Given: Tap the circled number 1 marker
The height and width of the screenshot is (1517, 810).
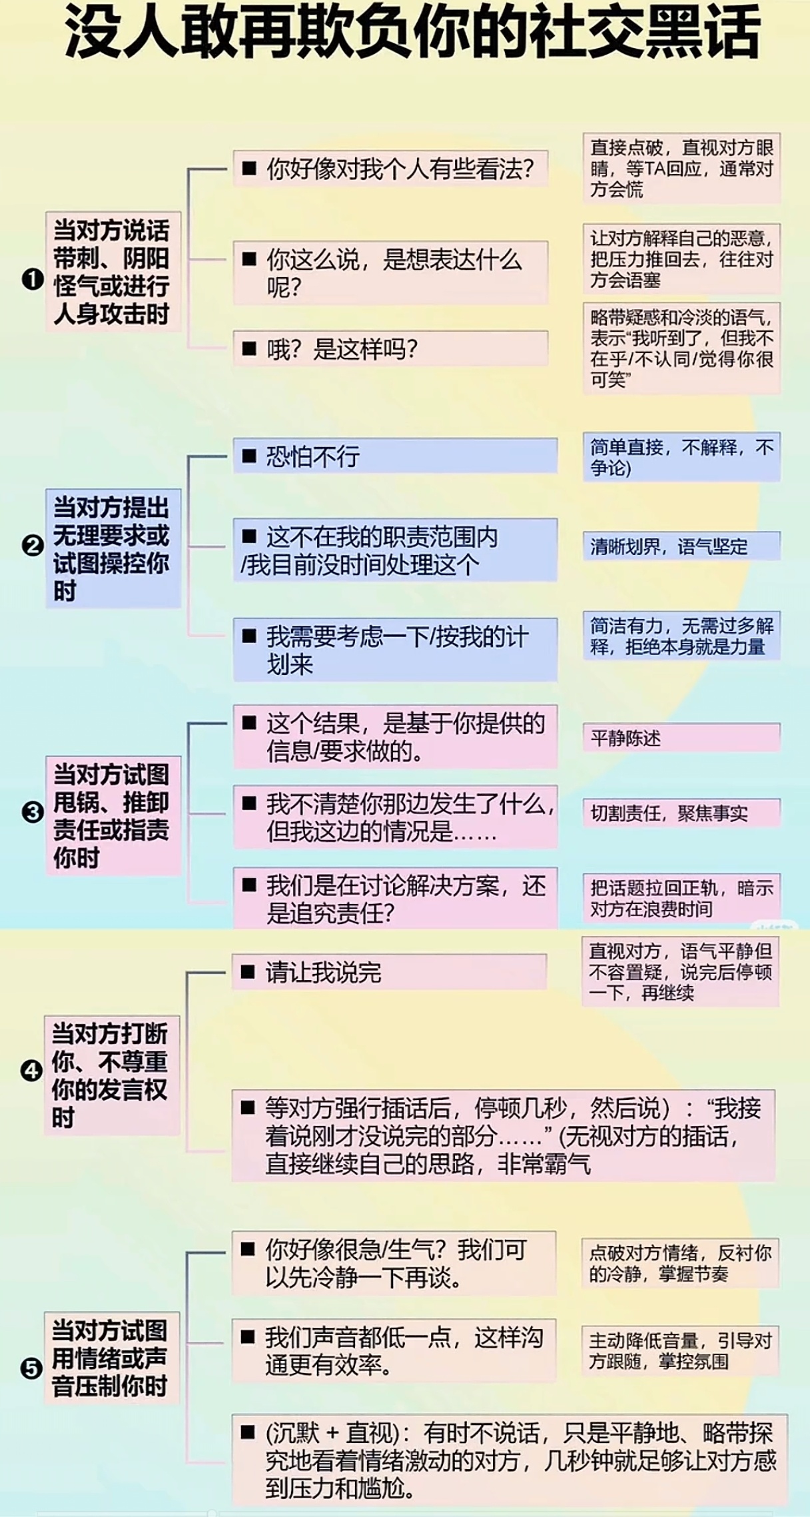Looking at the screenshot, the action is coord(32,278).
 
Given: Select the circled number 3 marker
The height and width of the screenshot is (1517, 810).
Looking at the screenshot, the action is coord(32,812).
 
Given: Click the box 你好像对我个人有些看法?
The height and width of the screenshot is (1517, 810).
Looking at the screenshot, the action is coord(390,169).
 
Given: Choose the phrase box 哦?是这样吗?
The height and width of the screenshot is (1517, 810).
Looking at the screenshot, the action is coord(390,348).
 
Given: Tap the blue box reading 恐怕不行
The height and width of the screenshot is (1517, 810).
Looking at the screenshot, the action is coord(394,456).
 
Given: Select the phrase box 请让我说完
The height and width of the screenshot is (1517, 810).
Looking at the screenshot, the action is coord(389,973).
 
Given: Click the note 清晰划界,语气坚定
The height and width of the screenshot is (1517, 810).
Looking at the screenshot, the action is coord(681,547).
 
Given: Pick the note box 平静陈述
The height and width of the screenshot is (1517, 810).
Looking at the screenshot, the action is coord(681,738).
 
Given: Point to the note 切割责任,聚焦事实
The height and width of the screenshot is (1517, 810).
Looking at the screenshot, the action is coord(681,813).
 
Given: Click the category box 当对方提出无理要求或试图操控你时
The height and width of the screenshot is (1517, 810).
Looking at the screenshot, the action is coord(113,548).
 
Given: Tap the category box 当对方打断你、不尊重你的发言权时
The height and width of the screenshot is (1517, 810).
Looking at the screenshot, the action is coord(112,1075).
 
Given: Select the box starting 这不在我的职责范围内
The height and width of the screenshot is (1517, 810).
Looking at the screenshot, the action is coord(394,550).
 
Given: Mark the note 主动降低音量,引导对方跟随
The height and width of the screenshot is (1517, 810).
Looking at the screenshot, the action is coord(679,1350).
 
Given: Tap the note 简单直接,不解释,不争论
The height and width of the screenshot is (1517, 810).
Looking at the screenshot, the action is coord(681,457).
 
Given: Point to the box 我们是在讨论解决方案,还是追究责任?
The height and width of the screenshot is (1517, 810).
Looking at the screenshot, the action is coord(394,898).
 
